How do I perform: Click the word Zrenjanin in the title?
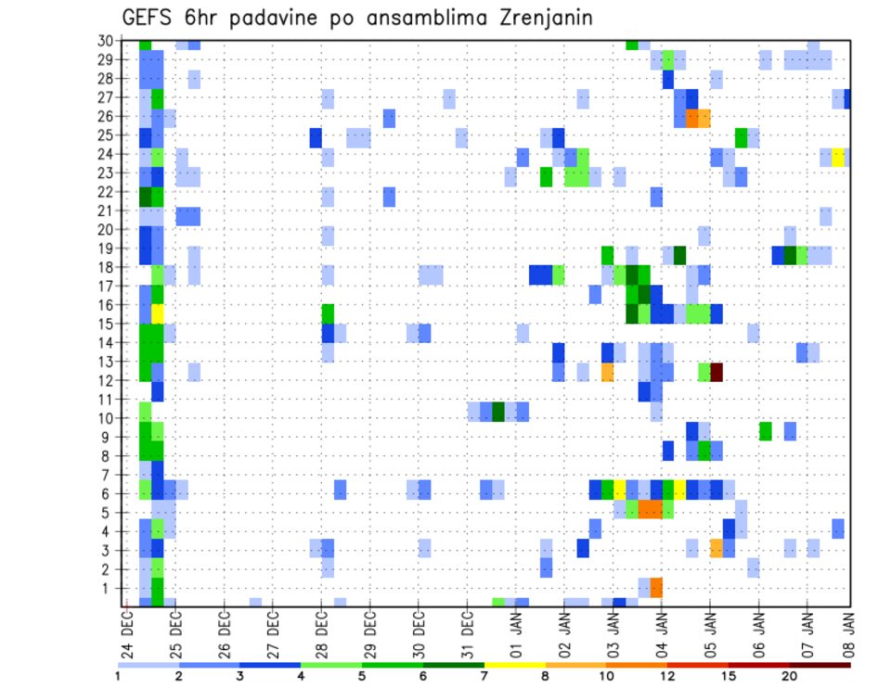pyautogui.click(x=536, y=18)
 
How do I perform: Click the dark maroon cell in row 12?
pyautogui.click(x=717, y=372)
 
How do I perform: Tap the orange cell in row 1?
pyautogui.click(x=656, y=587)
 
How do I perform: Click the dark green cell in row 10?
pyautogui.click(x=498, y=411)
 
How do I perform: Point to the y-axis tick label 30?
pyautogui.click(x=106, y=41)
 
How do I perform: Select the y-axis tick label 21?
pyautogui.click(x=106, y=211)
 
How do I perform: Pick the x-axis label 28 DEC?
pyautogui.click(x=322, y=631)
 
